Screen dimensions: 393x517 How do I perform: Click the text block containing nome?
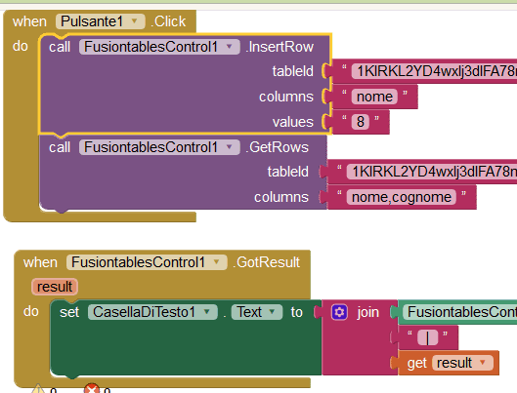[373, 97]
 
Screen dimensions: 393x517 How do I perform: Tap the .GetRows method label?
[275, 147]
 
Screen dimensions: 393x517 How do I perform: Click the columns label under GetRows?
[281, 197]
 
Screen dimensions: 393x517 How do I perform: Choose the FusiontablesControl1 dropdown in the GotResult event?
[146, 262]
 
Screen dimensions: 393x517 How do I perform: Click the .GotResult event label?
[266, 262]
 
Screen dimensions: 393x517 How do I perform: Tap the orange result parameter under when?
[55, 287]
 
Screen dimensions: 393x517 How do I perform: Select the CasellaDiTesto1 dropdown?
[154, 312]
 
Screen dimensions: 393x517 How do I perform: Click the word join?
[367, 312]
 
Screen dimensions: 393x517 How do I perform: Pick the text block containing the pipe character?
[428, 337]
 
